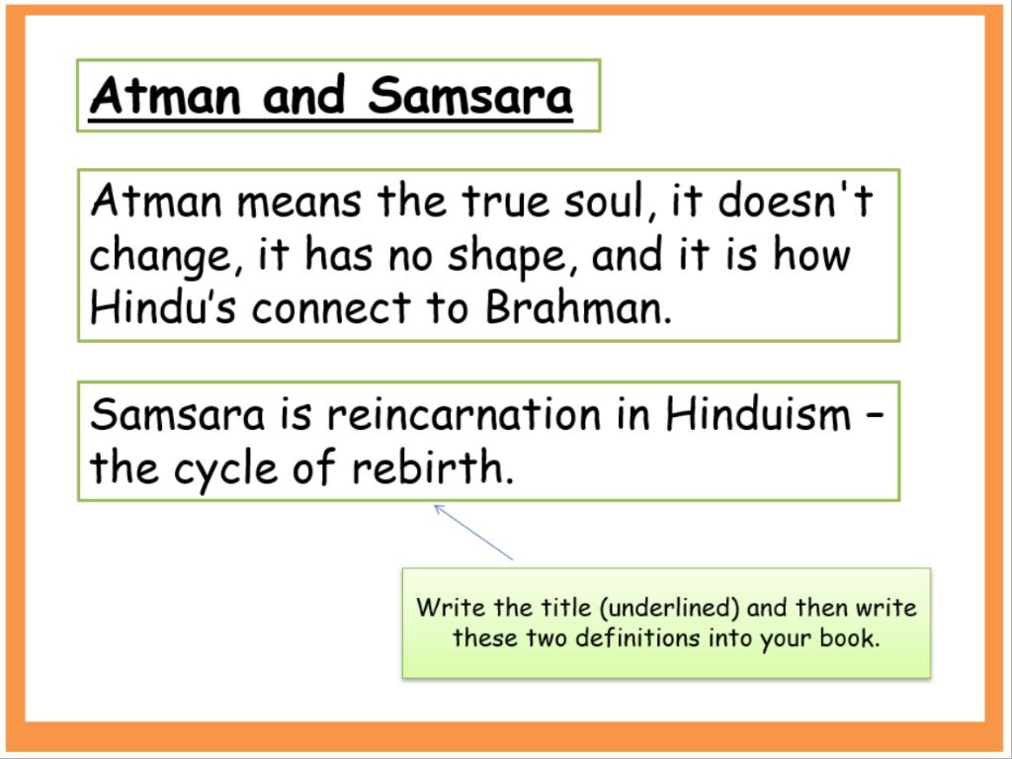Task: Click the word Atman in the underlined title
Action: coord(165,96)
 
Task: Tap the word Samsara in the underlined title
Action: coord(469,96)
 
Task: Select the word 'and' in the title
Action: coord(304,96)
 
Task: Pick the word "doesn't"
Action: coord(796,200)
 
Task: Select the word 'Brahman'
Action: coord(578,307)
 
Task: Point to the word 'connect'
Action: coord(331,308)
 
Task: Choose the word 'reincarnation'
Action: coord(464,414)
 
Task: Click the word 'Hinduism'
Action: coord(758,414)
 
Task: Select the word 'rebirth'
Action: coord(433,467)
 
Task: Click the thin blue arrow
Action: coord(473,533)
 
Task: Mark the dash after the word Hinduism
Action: coord(874,416)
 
